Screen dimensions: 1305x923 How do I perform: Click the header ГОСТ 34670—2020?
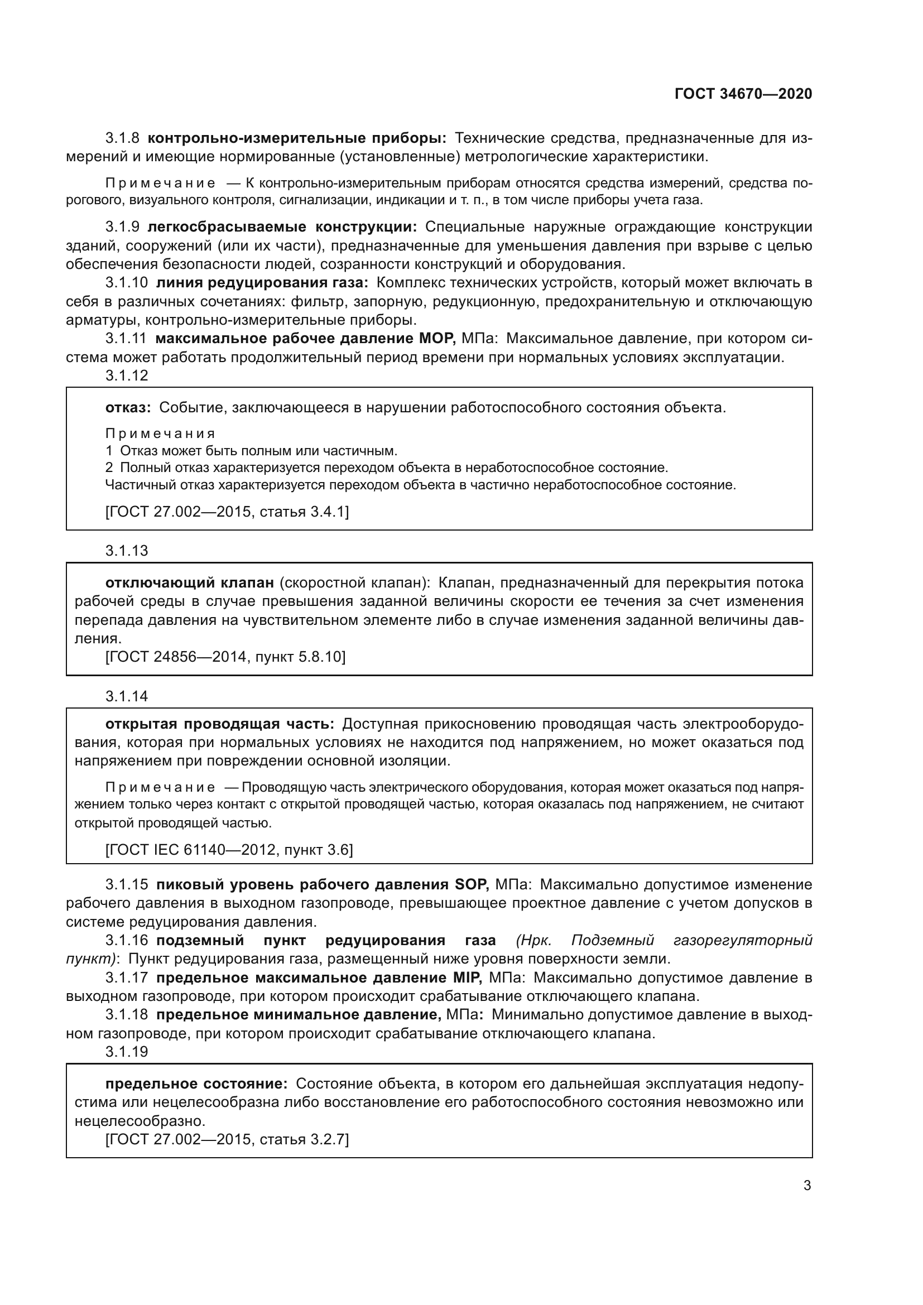743,94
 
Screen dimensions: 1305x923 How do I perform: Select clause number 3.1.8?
122,138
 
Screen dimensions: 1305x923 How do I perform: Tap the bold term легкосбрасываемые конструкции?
282,227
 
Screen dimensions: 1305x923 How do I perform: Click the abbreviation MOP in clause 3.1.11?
437,339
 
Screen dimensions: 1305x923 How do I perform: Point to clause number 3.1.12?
126,375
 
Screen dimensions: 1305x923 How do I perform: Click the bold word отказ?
128,407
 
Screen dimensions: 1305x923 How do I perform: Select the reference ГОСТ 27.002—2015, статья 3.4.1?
227,512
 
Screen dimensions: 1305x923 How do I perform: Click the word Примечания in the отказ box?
160,434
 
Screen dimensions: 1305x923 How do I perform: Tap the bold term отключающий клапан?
190,582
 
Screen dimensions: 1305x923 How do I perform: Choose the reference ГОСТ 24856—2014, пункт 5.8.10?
225,657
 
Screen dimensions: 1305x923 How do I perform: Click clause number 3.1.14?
126,696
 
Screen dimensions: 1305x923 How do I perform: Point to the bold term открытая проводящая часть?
219,724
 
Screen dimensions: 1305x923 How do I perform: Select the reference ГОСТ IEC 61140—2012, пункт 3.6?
229,850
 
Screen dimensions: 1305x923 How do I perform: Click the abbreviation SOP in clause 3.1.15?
472,885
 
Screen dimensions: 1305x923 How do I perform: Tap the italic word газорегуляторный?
742,941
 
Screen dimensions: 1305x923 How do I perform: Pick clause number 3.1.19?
126,1052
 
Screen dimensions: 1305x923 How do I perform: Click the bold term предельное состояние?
196,1084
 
